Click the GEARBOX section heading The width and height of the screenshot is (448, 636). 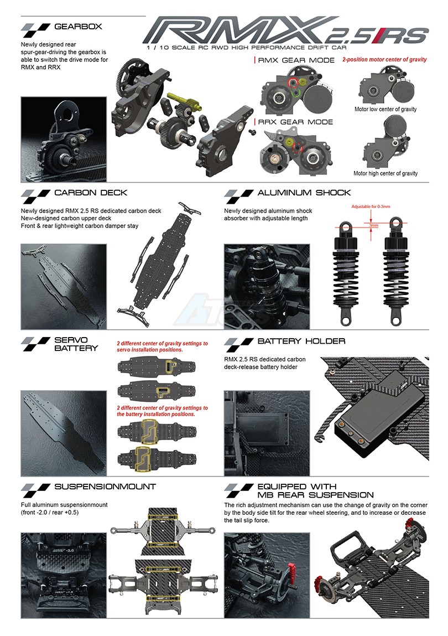pos(78,27)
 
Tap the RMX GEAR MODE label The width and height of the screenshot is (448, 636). pos(296,60)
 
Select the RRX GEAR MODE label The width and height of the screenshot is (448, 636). pos(295,122)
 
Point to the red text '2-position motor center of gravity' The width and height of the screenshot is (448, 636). pos(384,59)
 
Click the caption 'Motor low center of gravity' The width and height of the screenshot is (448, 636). pos(385,109)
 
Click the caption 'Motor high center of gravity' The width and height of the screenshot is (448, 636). pos(385,173)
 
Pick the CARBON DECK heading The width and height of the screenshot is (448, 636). pos(91,193)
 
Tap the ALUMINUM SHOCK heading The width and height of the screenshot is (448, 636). pos(304,193)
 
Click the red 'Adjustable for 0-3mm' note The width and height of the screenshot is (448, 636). pos(371,206)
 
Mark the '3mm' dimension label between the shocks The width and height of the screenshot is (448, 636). pos(373,225)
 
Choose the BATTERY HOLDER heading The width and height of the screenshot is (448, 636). pos(301,341)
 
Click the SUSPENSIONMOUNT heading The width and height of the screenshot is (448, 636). pos(105,487)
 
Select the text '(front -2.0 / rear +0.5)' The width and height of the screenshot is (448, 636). pos(50,513)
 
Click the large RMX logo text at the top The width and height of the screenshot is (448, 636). pos(239,30)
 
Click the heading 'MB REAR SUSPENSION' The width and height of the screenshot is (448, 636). pos(315,495)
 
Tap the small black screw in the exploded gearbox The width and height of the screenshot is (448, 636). pos(251,132)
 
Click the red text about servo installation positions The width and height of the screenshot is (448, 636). pos(162,347)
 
